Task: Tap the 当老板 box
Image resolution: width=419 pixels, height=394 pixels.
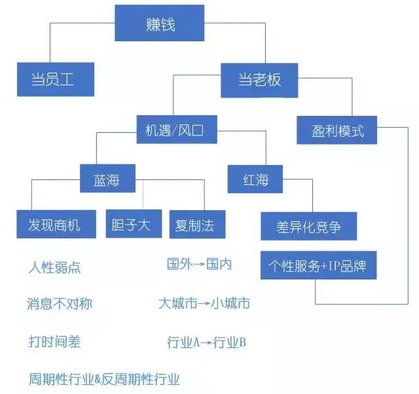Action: pos(259,80)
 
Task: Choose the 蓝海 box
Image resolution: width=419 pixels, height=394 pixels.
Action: pos(107,178)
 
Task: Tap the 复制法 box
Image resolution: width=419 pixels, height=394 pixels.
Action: pos(192,224)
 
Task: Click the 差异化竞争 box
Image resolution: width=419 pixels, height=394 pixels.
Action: pos(309,226)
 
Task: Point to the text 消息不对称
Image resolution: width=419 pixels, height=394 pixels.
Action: pos(60,304)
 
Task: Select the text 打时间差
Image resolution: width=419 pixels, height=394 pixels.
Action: pos(55,341)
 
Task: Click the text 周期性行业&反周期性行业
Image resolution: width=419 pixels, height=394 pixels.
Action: pos(104,379)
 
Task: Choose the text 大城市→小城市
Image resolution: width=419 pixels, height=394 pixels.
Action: pos(204,304)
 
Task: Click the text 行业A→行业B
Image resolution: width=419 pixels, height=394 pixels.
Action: pos(206,342)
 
